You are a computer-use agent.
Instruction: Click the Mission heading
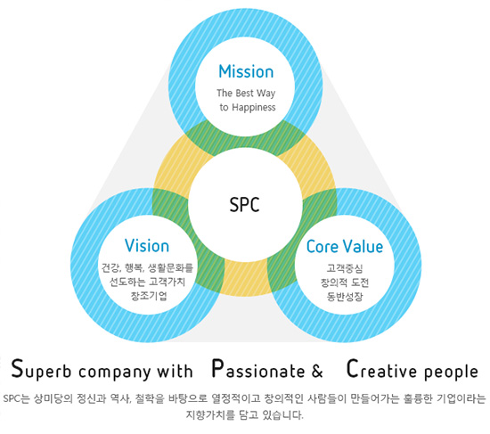(x=246, y=71)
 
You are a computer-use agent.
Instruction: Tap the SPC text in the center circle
(x=244, y=205)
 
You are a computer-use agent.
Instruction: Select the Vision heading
(x=147, y=245)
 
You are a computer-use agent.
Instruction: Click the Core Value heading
(x=345, y=246)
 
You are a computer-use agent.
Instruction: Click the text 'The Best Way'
(x=246, y=94)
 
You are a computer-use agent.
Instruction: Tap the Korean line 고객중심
(x=345, y=268)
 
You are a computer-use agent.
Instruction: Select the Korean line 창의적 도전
(x=345, y=283)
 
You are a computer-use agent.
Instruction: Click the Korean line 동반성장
(x=345, y=296)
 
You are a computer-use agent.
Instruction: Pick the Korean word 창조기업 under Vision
(x=149, y=296)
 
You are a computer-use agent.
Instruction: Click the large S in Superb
(x=18, y=368)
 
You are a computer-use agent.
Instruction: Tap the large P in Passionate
(x=217, y=368)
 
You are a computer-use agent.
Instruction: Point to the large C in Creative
(x=352, y=368)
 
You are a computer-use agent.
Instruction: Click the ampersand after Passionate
(x=317, y=371)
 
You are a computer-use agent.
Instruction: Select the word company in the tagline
(x=115, y=373)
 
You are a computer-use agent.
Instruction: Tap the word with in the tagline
(x=175, y=371)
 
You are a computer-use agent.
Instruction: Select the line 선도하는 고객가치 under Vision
(x=147, y=282)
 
